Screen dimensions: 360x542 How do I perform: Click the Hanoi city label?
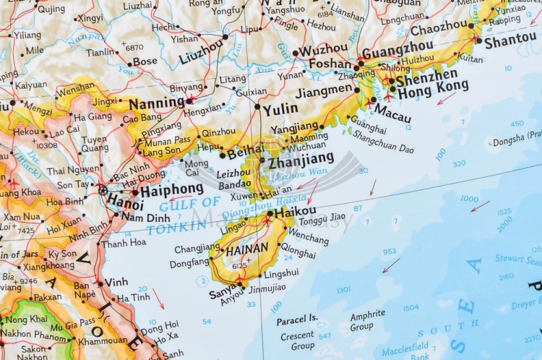125,202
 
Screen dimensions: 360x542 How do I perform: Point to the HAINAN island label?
247,248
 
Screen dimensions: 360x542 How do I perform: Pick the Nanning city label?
157,103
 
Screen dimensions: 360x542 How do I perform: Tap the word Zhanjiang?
301,158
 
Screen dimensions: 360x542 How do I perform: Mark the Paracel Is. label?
297,317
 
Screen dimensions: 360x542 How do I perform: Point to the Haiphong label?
171,191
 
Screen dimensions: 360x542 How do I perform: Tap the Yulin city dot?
257,107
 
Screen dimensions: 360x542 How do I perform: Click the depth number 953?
390,252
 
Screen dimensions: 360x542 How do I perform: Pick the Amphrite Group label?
367,320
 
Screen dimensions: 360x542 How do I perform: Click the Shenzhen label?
426,74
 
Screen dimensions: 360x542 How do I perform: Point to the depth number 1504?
410,307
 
